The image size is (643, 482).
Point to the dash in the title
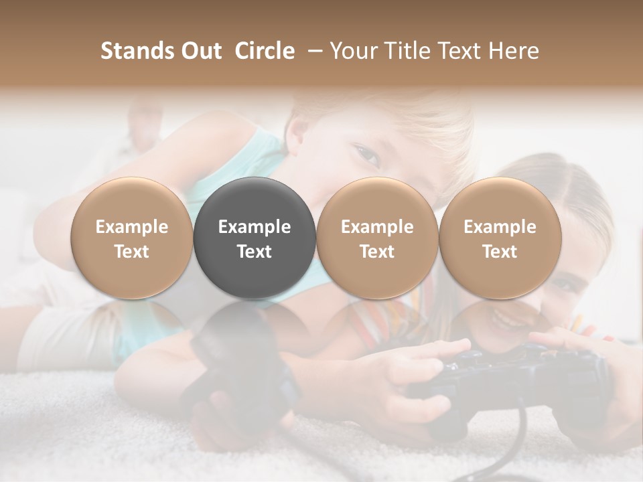pos(312,51)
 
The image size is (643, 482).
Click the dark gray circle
pos(255,238)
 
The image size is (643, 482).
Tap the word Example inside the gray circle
pos(255,227)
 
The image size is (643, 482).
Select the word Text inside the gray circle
pos(255,252)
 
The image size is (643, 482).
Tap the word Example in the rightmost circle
pos(500,227)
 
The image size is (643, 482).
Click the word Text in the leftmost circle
pos(132,252)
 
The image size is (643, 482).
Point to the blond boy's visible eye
pos(366,155)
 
